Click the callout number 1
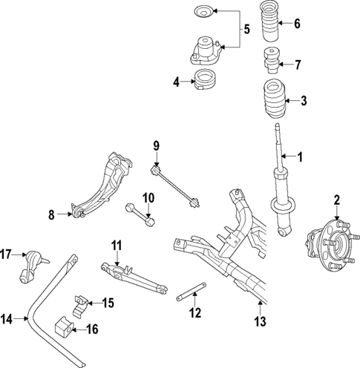(301, 157)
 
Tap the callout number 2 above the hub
(336, 198)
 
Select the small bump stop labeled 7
(271, 59)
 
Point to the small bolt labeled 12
(189, 295)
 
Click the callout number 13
(259, 321)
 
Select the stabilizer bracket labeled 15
(79, 303)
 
